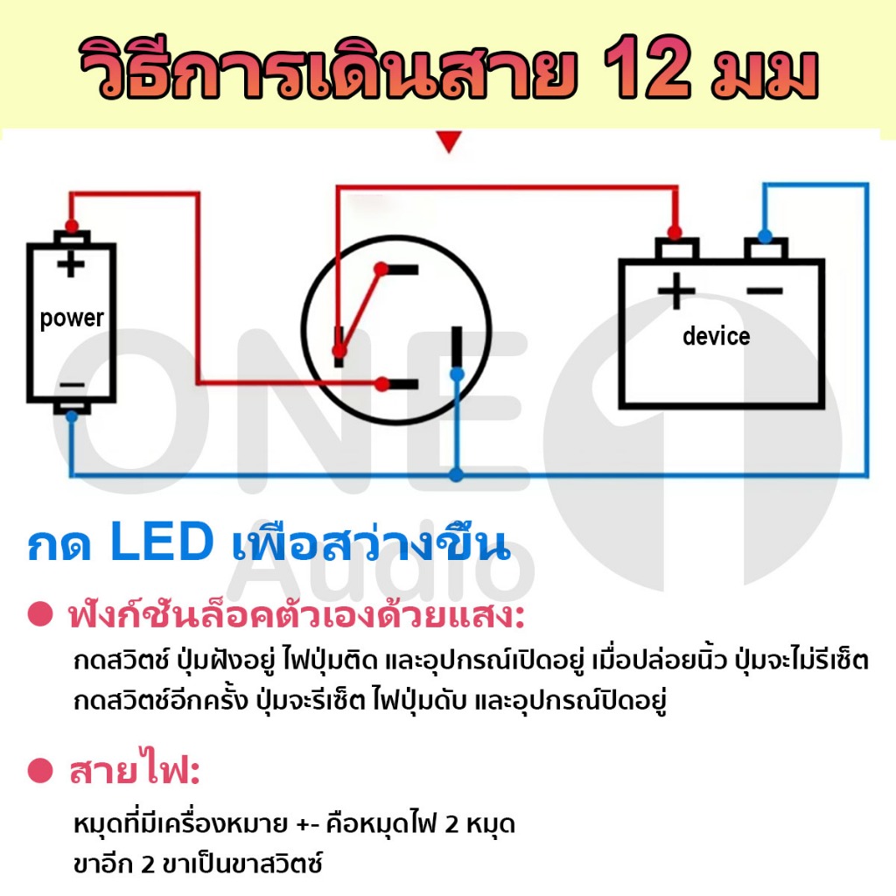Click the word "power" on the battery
click(x=72, y=318)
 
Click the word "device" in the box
click(x=716, y=336)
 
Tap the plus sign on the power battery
click(x=71, y=263)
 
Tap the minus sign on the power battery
click(x=72, y=385)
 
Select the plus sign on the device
click(x=676, y=290)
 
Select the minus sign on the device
click(x=765, y=290)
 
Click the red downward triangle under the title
click(x=449, y=142)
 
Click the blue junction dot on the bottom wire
click(x=456, y=474)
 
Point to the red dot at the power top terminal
click(x=72, y=226)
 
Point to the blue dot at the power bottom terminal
click(x=72, y=416)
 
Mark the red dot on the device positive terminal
click(x=675, y=233)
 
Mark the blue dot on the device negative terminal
click(x=765, y=235)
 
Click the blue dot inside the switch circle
click(x=457, y=374)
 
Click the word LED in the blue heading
click(x=162, y=541)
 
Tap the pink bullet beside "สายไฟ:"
click(x=40, y=770)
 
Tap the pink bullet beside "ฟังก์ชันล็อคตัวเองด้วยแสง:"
click(x=40, y=614)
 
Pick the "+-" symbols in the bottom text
click(x=308, y=824)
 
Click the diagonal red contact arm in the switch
click(x=360, y=309)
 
